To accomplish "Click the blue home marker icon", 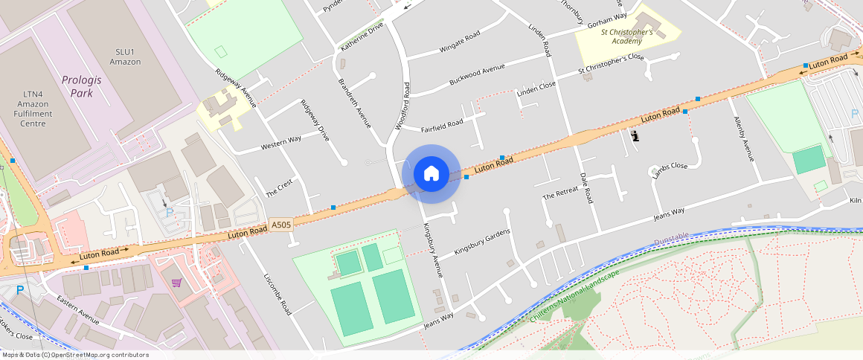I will (x=431, y=174).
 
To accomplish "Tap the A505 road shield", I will (x=281, y=224).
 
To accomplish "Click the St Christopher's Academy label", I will (x=627, y=36).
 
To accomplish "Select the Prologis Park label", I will (x=77, y=86).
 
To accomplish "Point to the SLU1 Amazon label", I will (x=124, y=57).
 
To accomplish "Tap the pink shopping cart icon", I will (x=176, y=282).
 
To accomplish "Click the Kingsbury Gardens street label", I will (x=482, y=245).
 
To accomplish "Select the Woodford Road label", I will (x=402, y=106).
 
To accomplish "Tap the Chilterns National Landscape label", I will (x=574, y=297).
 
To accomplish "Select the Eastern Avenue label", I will (x=77, y=309).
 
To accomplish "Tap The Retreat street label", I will (x=559, y=195).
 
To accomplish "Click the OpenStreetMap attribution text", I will (x=75, y=355).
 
